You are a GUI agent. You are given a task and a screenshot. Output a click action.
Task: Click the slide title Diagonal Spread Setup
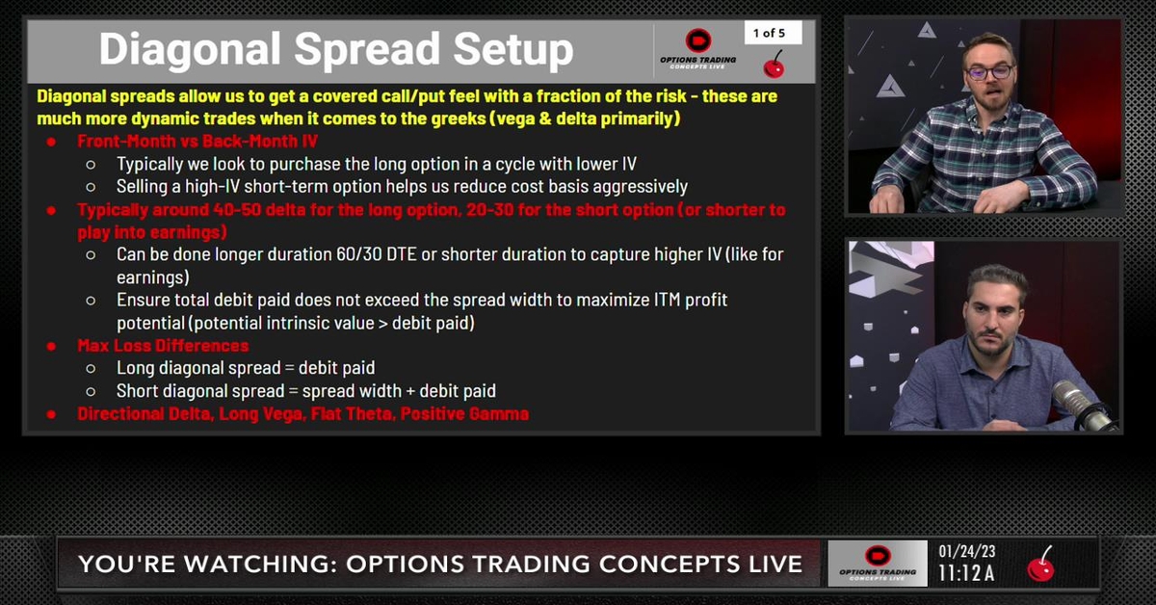[x=335, y=50]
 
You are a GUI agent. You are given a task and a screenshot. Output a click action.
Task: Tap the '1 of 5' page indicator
[x=769, y=33]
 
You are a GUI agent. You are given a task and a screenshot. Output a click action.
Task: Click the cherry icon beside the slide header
[x=773, y=66]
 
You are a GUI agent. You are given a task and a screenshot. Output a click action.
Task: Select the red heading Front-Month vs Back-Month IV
[x=197, y=142]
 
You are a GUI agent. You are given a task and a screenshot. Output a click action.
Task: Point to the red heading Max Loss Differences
[x=163, y=346]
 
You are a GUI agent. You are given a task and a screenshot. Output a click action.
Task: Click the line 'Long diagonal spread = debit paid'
[x=246, y=368]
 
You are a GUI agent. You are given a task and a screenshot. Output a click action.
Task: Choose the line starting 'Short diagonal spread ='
[x=306, y=391]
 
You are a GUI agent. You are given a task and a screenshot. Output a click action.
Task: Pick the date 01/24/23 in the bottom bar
[x=967, y=552]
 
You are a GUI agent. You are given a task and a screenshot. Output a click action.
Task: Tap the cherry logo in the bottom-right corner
[x=1040, y=564]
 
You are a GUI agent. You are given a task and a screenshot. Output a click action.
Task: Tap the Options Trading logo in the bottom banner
[x=877, y=564]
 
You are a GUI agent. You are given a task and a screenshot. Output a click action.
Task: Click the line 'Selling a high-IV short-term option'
[x=402, y=186]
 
